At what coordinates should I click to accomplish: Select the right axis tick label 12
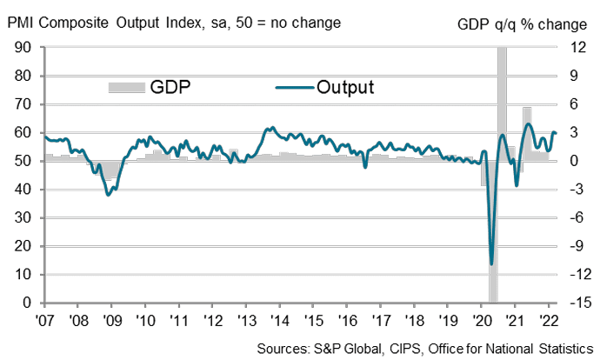click(x=577, y=48)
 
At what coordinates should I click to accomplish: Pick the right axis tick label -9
click(x=578, y=246)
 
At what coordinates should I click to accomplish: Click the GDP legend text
click(x=170, y=87)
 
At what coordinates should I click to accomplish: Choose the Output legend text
click(x=345, y=87)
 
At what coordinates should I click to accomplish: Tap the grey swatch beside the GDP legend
click(x=127, y=87)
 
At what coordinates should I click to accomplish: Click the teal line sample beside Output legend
click(x=294, y=87)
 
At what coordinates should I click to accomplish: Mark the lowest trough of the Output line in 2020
click(x=492, y=263)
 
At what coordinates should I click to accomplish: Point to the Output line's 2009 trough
click(x=108, y=195)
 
